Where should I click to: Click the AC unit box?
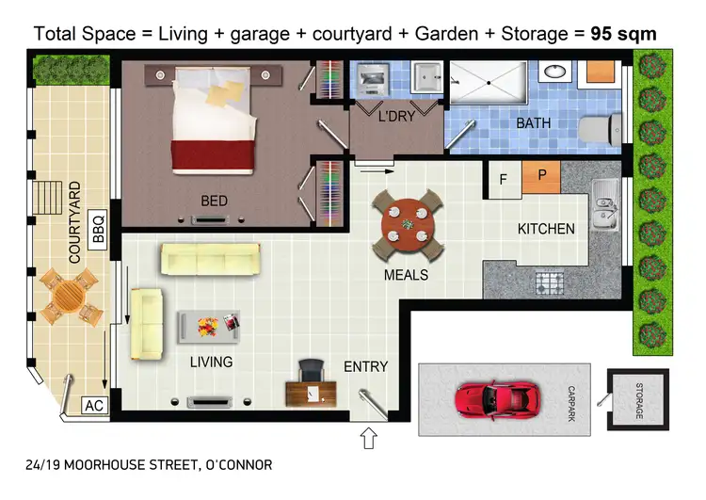click(93, 406)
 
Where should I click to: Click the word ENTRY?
click(365, 367)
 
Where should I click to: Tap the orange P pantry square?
click(541, 176)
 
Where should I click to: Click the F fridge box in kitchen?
click(504, 179)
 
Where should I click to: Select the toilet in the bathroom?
click(601, 126)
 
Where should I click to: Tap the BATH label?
click(533, 123)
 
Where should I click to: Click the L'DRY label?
click(396, 120)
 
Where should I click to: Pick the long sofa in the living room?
click(210, 258)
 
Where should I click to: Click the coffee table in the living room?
click(208, 327)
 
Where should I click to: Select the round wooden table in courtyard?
click(69, 295)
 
